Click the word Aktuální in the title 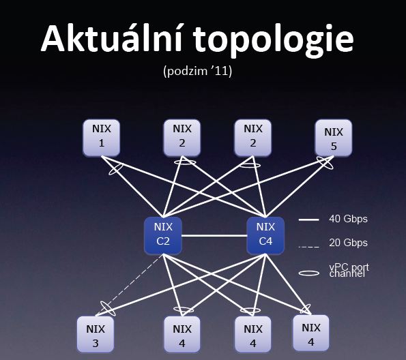click(112, 39)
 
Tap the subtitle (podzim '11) click(198, 71)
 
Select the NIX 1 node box click(102, 138)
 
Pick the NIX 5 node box click(334, 138)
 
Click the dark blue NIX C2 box click(163, 235)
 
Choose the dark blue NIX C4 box click(265, 235)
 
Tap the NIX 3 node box click(96, 334)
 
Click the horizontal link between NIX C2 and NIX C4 click(214, 235)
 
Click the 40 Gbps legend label click(348, 219)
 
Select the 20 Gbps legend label click(348, 243)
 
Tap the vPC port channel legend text click(349, 271)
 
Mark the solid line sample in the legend click(309, 220)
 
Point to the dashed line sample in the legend click(309, 247)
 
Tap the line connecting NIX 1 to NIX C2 click(132, 187)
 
